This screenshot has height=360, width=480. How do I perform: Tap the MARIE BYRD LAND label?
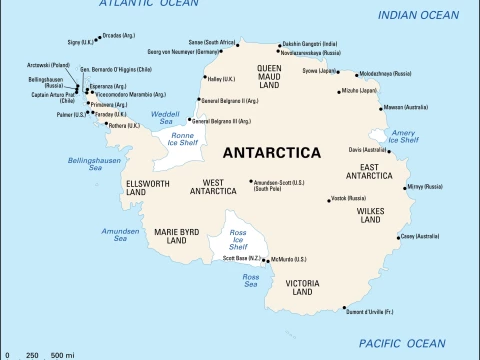[x=177, y=236]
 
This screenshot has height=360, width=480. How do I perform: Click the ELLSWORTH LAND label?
[x=149, y=187]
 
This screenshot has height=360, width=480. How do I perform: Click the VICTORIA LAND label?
[x=301, y=288]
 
